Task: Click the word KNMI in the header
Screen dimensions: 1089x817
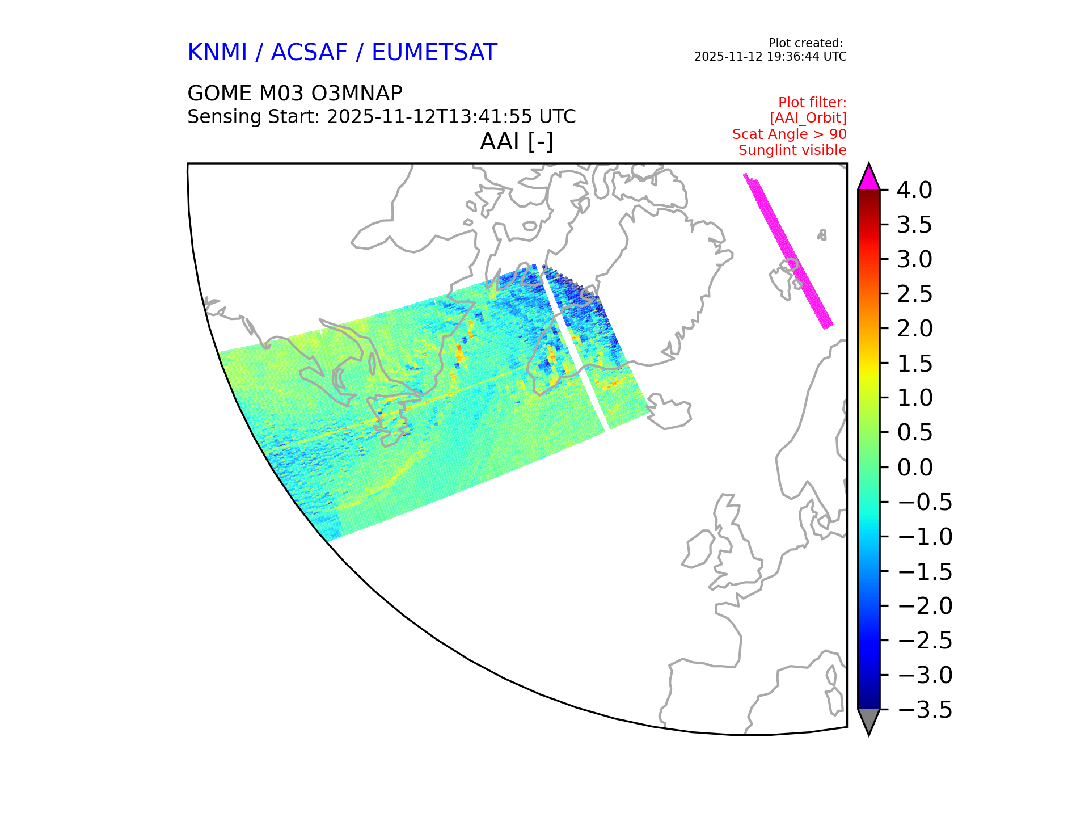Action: point(217,52)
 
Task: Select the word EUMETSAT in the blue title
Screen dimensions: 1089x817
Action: point(434,52)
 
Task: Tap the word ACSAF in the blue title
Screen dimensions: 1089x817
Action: point(309,52)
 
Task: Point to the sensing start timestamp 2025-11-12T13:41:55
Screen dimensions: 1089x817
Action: point(429,116)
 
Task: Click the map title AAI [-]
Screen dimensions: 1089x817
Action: point(517,141)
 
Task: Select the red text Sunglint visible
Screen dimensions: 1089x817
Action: point(792,150)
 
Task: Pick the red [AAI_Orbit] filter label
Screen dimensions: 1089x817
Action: point(808,118)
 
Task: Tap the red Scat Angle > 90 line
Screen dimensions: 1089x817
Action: point(790,134)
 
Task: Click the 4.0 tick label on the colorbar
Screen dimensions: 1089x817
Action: point(914,190)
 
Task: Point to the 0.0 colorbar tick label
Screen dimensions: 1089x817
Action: point(914,468)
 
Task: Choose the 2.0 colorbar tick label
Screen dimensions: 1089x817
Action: point(914,329)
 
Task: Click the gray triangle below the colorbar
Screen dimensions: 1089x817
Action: point(869,721)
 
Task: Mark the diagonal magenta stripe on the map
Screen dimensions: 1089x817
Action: point(788,251)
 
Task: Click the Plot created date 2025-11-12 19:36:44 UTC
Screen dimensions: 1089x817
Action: point(770,57)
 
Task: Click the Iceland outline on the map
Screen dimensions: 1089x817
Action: point(669,411)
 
